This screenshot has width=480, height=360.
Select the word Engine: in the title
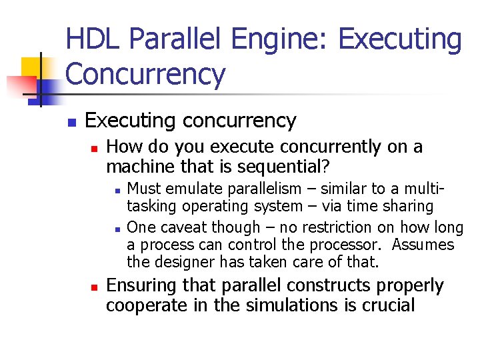pos(278,39)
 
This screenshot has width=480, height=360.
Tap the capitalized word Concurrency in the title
pos(146,74)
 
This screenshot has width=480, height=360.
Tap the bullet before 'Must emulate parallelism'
pos(117,189)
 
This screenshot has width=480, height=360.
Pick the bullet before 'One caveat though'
pos(117,228)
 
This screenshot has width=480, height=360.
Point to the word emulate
pos(190,188)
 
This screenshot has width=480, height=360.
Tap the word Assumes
pos(423,245)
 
